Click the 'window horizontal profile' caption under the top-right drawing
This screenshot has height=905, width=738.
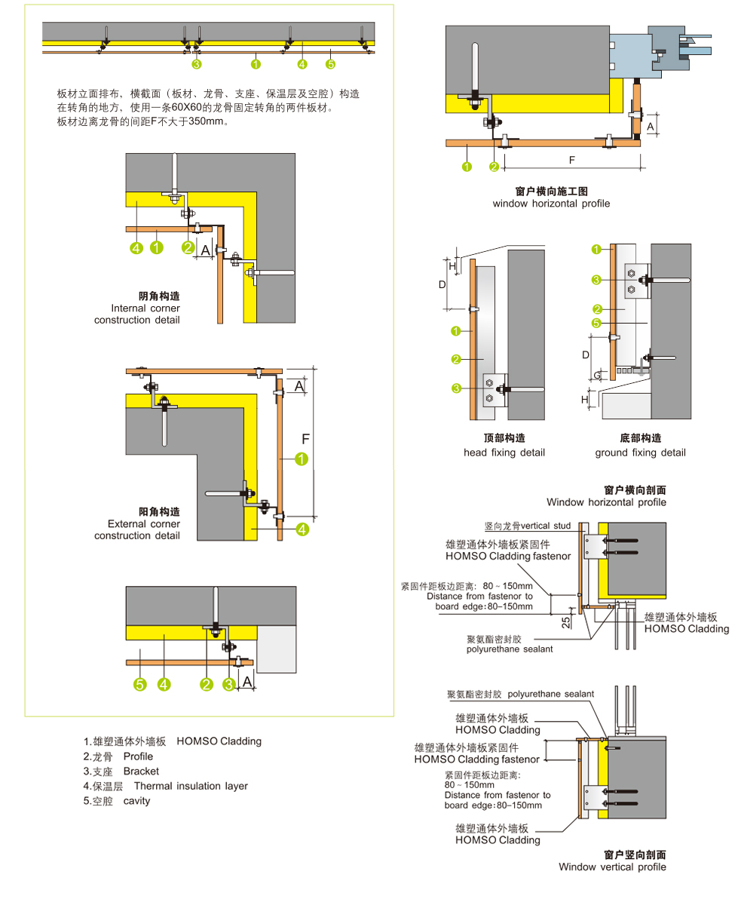click(550, 204)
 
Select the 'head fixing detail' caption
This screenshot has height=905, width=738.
click(504, 452)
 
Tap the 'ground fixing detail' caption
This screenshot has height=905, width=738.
click(640, 452)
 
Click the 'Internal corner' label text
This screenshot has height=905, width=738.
click(145, 308)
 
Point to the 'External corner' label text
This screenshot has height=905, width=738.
click(144, 524)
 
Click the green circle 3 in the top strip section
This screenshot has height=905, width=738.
click(197, 64)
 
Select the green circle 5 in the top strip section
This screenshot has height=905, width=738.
click(330, 64)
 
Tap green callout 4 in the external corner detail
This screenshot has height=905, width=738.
click(302, 529)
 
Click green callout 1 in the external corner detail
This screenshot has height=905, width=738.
click(302, 459)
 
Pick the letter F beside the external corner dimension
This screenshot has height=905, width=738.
click(305, 439)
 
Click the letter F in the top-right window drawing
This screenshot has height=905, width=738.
click(571, 160)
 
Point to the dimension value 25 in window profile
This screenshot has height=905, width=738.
click(566, 623)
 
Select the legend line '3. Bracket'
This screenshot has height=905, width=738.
click(121, 771)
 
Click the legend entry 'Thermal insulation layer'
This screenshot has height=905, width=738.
click(191, 786)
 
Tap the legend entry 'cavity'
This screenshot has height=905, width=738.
click(136, 801)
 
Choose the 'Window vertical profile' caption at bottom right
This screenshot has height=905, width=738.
click(612, 867)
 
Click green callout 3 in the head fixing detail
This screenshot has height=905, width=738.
click(456, 388)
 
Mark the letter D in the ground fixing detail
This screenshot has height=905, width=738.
click(585, 355)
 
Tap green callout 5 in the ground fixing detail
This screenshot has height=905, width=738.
click(596, 323)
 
